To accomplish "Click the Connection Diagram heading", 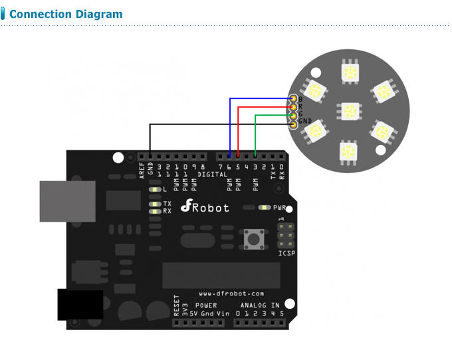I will [x=66, y=14].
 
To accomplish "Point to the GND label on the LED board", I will [x=304, y=121].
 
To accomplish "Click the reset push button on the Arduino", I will [x=253, y=237].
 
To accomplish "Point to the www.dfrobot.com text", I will [x=231, y=293].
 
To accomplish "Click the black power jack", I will [x=80, y=304].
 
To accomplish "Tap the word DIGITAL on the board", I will [x=212, y=174].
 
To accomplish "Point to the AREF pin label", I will [x=142, y=171].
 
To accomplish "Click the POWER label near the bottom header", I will [x=205, y=305].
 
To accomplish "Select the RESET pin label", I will [x=177, y=305].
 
